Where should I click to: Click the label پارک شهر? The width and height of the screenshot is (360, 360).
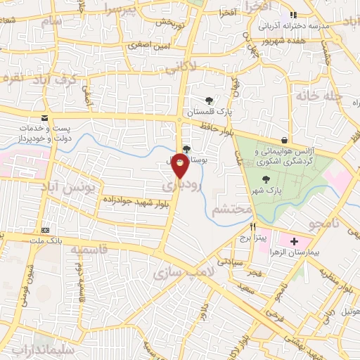(265, 191)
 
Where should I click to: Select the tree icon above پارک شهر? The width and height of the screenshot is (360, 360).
(264, 179)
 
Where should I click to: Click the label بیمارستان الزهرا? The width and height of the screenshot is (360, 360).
(309, 252)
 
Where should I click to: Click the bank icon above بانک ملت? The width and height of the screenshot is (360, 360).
(46, 230)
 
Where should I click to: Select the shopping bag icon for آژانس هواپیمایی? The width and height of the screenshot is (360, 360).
(284, 140)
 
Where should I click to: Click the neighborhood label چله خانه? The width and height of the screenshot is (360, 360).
(318, 94)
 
